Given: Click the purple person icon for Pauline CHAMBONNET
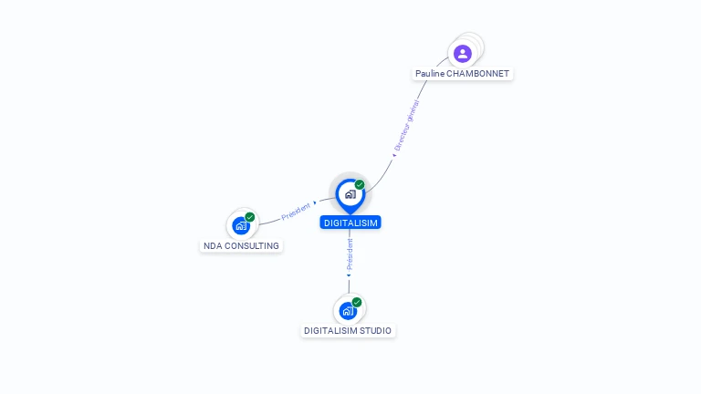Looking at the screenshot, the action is [x=463, y=54].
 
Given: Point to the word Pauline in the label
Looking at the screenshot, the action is [x=430, y=74].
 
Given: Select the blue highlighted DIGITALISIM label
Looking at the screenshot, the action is [x=350, y=223].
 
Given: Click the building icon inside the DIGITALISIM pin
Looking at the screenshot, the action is [x=350, y=194].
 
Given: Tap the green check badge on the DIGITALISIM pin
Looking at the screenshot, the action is [x=360, y=184].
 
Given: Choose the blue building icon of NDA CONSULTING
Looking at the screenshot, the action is [x=241, y=225].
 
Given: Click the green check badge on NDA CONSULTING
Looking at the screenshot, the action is [x=250, y=217].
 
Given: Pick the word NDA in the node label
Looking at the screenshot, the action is [x=213, y=246].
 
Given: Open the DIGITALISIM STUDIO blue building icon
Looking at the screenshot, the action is [x=348, y=311].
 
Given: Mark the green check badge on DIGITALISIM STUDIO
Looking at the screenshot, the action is [x=357, y=303].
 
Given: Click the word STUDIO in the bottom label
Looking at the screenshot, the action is [x=376, y=331].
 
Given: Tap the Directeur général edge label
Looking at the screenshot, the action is [x=407, y=125].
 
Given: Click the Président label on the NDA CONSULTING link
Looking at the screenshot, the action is [x=296, y=212].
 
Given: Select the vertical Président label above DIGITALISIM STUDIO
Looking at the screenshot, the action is [x=350, y=254].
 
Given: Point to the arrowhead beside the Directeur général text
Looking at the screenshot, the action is [x=394, y=155].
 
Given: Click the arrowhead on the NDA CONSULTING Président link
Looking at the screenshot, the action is [x=315, y=202].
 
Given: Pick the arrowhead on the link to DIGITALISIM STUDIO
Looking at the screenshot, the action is [x=349, y=275].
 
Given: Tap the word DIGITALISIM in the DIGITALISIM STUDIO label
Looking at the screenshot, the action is [x=331, y=331].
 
